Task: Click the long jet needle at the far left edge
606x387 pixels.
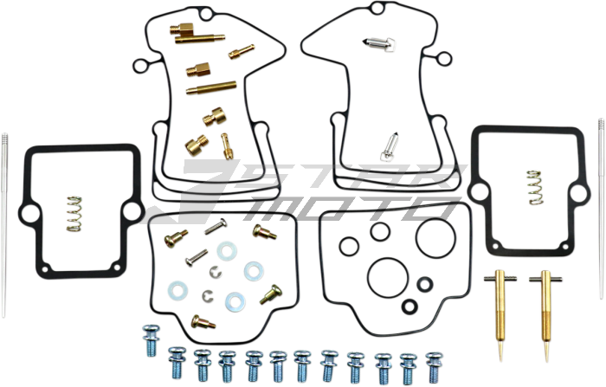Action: click(3, 224)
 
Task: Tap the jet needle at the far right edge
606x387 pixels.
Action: click(602, 209)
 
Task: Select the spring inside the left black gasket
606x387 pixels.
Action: click(74, 214)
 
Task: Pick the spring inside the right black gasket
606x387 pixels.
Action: click(536, 187)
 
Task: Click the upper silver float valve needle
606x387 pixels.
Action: click(378, 45)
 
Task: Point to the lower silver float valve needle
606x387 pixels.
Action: click(389, 147)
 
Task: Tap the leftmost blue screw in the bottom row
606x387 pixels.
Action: click(151, 340)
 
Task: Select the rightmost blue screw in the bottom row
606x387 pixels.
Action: click(434, 367)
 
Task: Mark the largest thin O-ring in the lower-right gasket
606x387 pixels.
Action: click(435, 237)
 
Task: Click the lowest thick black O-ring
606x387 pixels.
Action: click(409, 306)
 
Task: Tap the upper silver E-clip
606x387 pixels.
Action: click(216, 272)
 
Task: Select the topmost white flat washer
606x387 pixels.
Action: click(227, 251)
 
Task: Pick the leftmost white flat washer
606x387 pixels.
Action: click(177, 290)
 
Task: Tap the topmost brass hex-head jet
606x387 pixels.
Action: click(181, 29)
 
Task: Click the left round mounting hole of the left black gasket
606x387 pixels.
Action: click(30, 213)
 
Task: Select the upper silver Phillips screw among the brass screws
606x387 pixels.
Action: click(216, 226)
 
